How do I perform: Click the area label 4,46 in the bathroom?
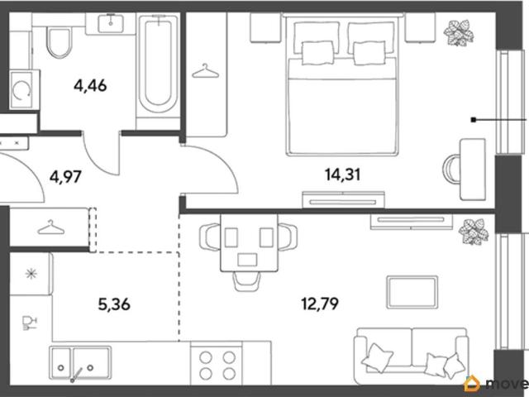click(90, 86)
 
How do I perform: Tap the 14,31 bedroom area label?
click(343, 175)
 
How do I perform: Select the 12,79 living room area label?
click(320, 304)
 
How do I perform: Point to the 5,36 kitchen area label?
click(114, 304)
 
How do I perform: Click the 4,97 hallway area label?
click(65, 176)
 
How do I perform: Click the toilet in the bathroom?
click(59, 43)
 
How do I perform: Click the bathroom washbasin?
click(111, 23)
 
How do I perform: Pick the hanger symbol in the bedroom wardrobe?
click(205, 71)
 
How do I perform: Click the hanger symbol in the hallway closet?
click(51, 227)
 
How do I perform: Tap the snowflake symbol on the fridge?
click(31, 274)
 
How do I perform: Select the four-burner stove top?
click(217, 365)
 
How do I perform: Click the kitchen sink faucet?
click(76, 375)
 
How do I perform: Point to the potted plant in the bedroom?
click(458, 32)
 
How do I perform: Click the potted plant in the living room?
click(474, 232)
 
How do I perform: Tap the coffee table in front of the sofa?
click(412, 292)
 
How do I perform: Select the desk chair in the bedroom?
click(451, 169)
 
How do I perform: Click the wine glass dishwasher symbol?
click(29, 323)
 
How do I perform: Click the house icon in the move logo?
click(472, 384)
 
